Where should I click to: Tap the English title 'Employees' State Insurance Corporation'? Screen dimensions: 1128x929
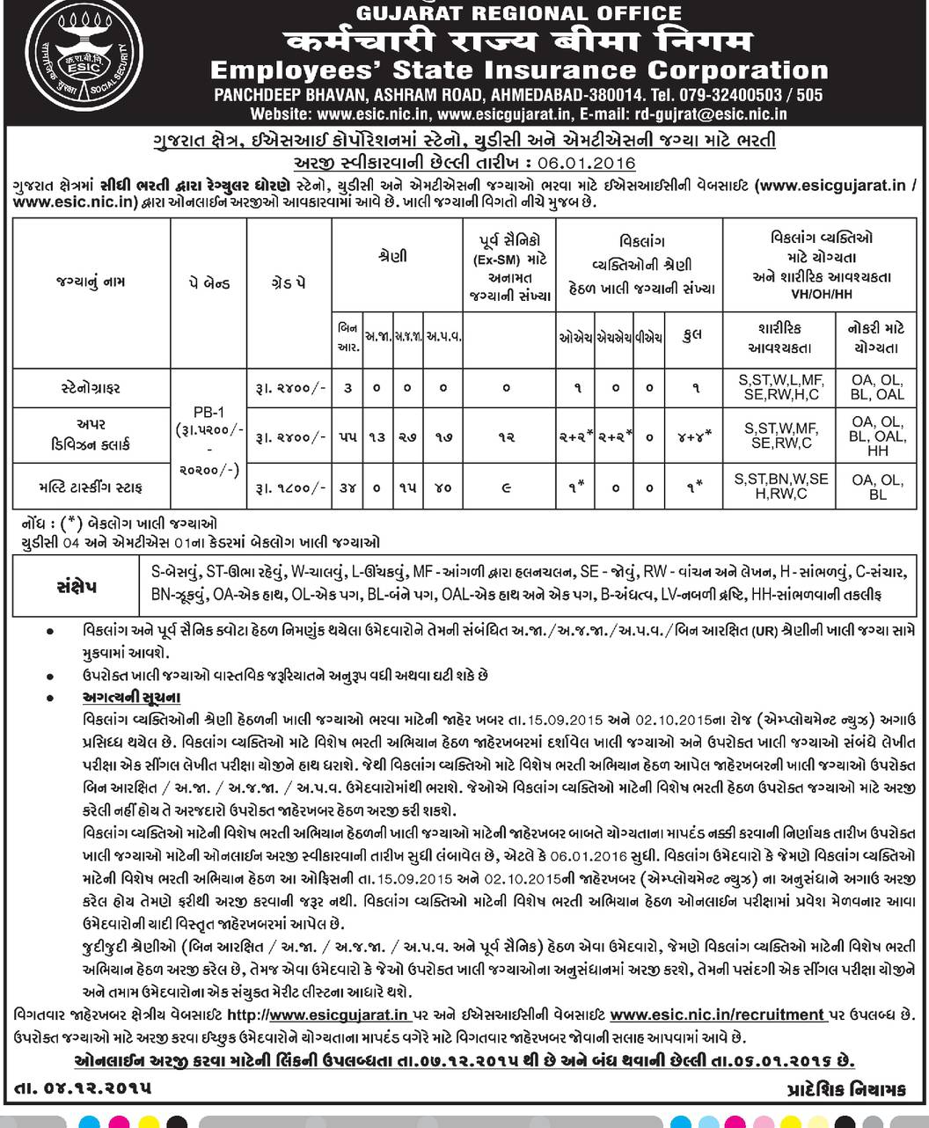click(x=519, y=70)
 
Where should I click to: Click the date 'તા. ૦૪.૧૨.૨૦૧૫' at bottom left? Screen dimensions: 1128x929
click(x=84, y=1088)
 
